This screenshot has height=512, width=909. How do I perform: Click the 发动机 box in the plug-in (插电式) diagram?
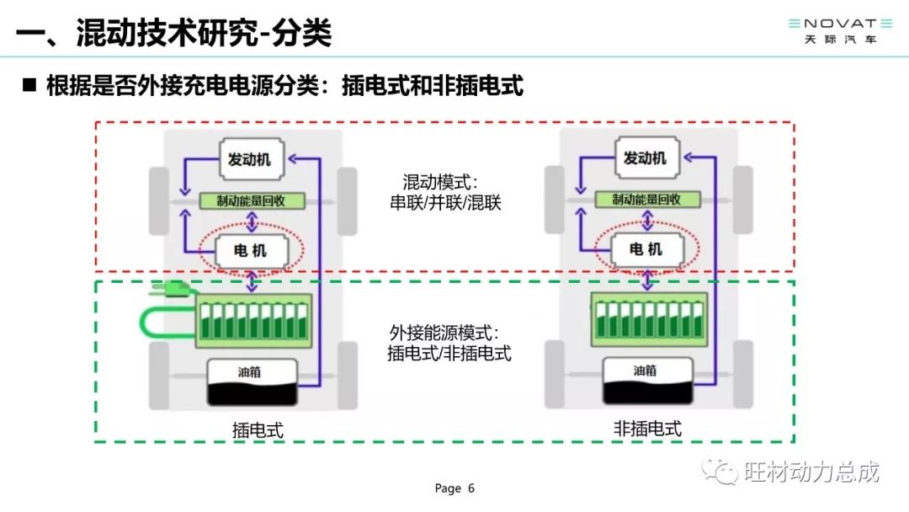click(252, 159)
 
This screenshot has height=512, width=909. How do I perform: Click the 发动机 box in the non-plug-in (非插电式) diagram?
click(647, 157)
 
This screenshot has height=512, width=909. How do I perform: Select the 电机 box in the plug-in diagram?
click(251, 251)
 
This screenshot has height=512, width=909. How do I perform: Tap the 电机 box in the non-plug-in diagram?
click(647, 249)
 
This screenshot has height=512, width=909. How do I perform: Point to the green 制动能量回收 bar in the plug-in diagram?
click(252, 200)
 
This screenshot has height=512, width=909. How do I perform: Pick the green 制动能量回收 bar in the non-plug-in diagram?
click(647, 199)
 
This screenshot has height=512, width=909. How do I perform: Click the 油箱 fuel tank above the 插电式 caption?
click(252, 381)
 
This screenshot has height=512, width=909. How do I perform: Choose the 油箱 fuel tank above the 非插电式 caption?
click(648, 380)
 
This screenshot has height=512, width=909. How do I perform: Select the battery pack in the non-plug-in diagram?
click(649, 319)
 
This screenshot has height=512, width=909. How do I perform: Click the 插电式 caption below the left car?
click(258, 430)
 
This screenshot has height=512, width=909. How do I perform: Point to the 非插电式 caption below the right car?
click(647, 429)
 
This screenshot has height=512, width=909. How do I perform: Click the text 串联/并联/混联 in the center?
click(445, 202)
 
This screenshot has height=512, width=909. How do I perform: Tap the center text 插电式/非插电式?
click(449, 353)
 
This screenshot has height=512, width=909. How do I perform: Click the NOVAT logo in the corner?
click(840, 30)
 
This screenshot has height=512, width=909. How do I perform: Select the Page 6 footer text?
click(454, 488)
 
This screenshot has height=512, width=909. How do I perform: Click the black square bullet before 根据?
click(29, 85)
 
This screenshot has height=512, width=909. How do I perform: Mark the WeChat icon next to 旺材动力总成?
click(720, 471)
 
